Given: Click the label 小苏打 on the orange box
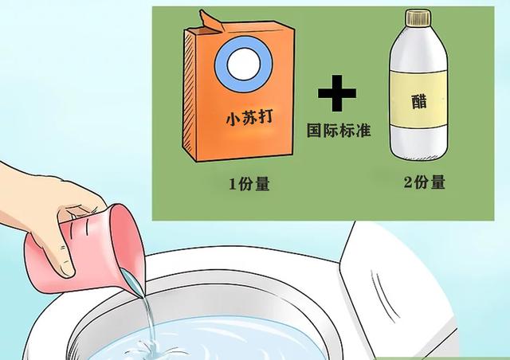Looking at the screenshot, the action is pos(249,117).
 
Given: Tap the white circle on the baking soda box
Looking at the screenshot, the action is pos(244,64).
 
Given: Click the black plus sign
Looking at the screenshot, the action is pos(337,93).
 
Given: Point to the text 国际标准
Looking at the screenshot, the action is pos(339,130).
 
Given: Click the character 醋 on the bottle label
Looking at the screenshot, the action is pos(419,101).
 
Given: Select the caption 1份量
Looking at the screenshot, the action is pos(249,184).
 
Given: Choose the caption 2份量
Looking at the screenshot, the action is pos(425,182).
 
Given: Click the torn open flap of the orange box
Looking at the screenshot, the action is pos(210,22).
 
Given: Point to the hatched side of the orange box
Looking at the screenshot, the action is pos(190,94).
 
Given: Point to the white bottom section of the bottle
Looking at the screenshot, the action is pos(419,143).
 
